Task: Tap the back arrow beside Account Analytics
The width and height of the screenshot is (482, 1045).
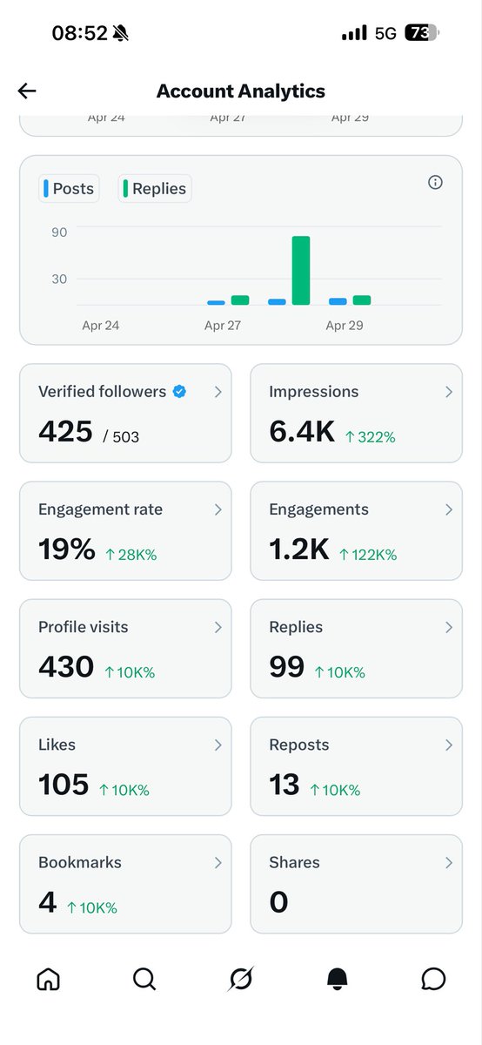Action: coord(27,91)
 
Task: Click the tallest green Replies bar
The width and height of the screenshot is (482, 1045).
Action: coord(301,270)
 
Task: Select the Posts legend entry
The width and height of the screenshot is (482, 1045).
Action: coord(68,188)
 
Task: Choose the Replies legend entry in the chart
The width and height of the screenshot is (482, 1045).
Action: coord(154,188)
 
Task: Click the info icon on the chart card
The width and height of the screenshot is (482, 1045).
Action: coord(436,182)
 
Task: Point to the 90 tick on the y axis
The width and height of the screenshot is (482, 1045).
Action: coord(59,232)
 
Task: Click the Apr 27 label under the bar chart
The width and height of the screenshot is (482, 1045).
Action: coord(223,326)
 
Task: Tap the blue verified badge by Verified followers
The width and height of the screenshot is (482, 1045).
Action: coord(179,392)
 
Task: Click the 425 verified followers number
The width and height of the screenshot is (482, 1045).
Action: coord(65,431)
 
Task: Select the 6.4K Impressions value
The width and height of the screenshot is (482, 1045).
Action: coord(301,431)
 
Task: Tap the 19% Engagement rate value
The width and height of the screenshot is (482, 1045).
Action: coord(66,549)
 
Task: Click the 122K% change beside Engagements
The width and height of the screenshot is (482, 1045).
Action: coord(368,555)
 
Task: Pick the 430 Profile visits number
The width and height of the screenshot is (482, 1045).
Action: coord(66,667)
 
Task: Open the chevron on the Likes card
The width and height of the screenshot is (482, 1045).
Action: coord(218,745)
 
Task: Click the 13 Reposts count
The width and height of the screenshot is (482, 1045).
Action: coord(285,785)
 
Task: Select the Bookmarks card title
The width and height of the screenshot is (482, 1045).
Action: coord(80,862)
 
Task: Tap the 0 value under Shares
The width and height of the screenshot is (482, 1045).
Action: coord(278,902)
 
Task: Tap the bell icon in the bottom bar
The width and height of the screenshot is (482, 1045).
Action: coord(337,979)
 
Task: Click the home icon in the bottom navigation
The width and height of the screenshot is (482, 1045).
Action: coord(48,979)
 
